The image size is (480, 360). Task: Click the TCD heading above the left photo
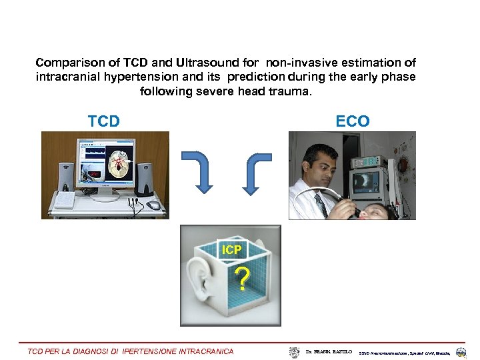pos(104,121)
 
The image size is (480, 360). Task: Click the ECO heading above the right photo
pos(352,121)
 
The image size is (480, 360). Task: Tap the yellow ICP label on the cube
pos(232,250)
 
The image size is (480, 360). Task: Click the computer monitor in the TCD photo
pos(105,164)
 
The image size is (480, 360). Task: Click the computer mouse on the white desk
pos(154,205)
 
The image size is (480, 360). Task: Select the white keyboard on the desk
pos(65,200)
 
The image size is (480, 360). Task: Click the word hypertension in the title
pos(114,77)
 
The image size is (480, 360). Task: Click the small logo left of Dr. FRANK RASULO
pos(295,351)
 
